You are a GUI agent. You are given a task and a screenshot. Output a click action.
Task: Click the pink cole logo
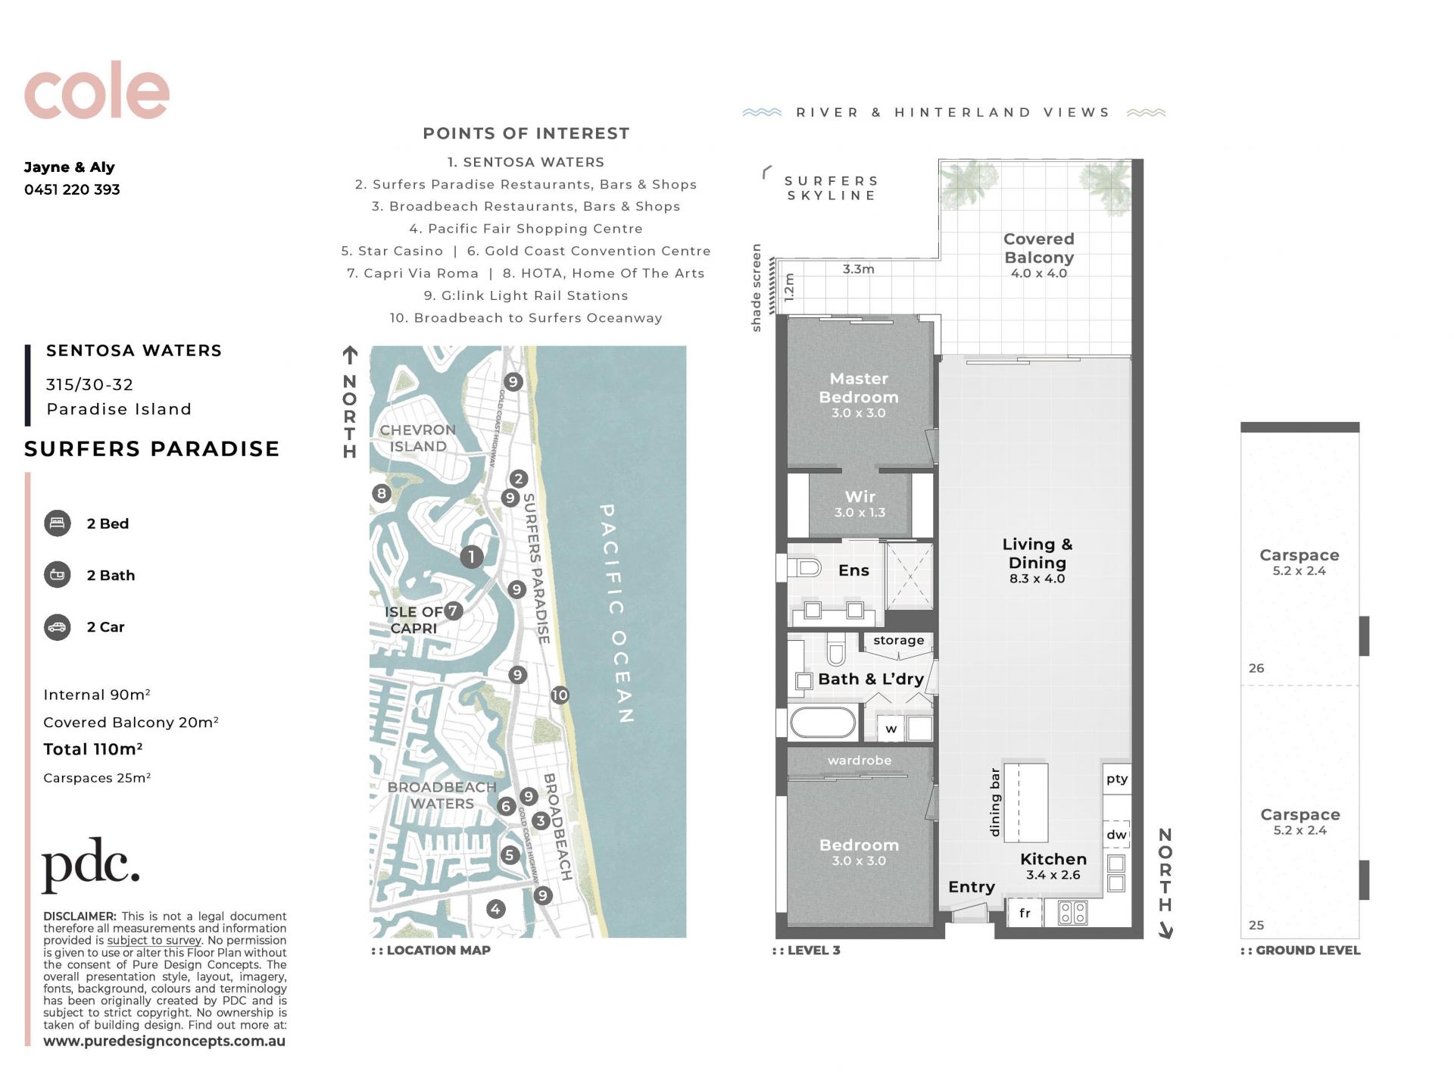96,90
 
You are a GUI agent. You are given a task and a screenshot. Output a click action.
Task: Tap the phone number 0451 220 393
72,189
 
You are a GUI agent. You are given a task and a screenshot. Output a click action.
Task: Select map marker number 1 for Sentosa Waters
471,557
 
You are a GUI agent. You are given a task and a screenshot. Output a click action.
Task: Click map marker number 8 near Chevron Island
381,494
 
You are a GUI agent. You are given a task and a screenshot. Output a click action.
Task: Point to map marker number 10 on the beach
560,695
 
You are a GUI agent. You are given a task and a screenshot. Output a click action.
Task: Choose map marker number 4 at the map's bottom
495,909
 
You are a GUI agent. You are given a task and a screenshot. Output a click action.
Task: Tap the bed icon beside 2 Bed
58,523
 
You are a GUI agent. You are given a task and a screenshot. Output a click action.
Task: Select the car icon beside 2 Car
58,626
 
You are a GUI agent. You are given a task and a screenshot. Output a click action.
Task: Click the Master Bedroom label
859,387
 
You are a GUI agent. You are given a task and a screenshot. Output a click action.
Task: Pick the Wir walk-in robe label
860,497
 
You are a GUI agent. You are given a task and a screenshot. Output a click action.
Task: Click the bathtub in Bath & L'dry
822,723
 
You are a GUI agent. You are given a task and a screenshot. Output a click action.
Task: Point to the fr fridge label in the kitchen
1025,913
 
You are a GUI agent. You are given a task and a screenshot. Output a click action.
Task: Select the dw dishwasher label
1116,835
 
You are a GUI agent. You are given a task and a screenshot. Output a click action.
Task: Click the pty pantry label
1117,779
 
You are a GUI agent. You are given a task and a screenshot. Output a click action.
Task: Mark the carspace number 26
1256,668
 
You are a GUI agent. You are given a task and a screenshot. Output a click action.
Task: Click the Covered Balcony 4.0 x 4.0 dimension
1039,273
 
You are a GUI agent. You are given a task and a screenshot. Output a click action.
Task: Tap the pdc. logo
91,864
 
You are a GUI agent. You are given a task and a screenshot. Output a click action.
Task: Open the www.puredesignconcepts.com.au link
164,1041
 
